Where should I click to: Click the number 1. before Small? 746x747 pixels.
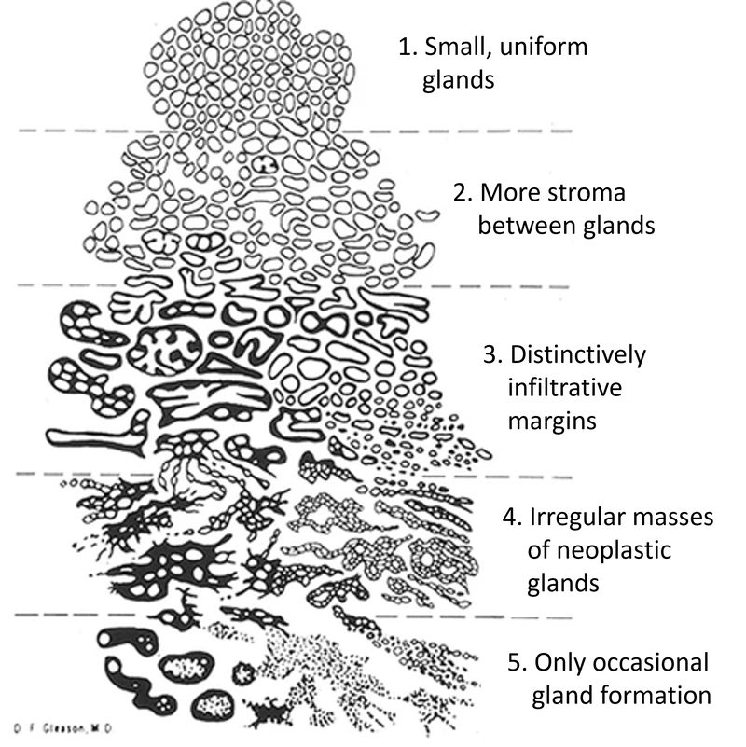tap(409, 47)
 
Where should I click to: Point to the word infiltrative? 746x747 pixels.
tap(564, 388)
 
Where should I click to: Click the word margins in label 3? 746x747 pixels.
tap(552, 422)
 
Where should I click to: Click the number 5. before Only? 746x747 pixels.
tap(518, 662)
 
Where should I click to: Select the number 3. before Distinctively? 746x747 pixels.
tap(493, 355)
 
